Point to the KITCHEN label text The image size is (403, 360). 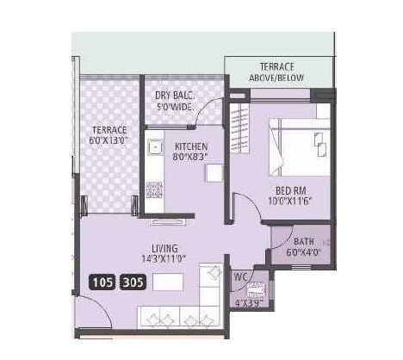coord(191,147)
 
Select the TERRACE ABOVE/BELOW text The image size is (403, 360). coord(278,71)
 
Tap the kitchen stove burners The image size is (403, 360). coord(154,189)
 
